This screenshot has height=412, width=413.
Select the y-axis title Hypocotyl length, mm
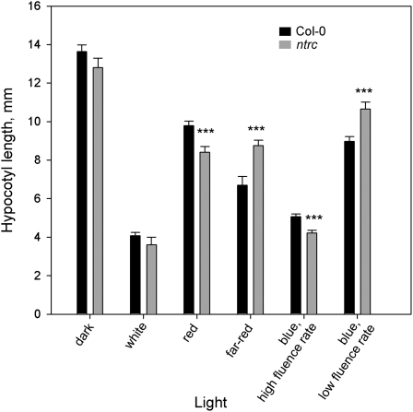point(10,160)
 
